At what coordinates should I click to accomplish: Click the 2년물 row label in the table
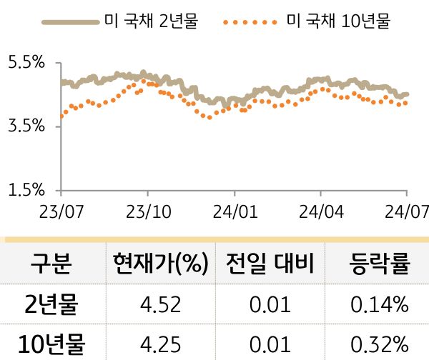coord(51,306)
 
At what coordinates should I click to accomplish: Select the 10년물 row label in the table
coord(51,345)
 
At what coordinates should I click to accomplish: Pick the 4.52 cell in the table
coord(160,306)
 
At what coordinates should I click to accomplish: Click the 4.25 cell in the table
coord(160,345)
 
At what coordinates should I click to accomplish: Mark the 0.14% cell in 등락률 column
coord(380,306)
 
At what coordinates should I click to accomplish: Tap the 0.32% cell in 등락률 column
coord(380,345)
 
